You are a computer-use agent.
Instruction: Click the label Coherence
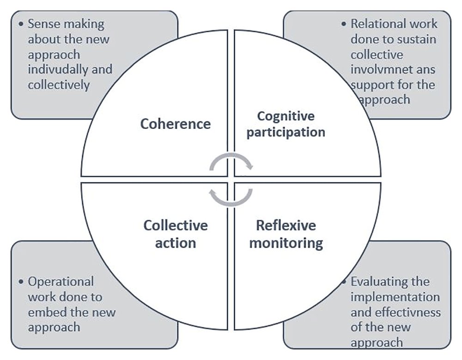[x=176, y=124]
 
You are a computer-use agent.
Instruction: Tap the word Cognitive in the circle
[x=286, y=116]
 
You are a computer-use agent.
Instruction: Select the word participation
[x=286, y=132]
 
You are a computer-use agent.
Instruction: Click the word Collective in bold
[x=176, y=226]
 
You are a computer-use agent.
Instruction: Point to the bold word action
[x=176, y=242]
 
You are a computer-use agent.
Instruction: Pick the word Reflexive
[x=286, y=226]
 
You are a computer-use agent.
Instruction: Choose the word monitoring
[x=286, y=243]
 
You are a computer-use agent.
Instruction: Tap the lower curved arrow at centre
[x=231, y=196]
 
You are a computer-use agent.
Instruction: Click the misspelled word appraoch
[x=54, y=55]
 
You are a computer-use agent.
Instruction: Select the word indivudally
[x=57, y=70]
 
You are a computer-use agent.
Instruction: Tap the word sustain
[x=416, y=39]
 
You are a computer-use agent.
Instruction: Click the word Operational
[x=61, y=281]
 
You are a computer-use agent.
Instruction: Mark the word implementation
[x=395, y=297]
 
